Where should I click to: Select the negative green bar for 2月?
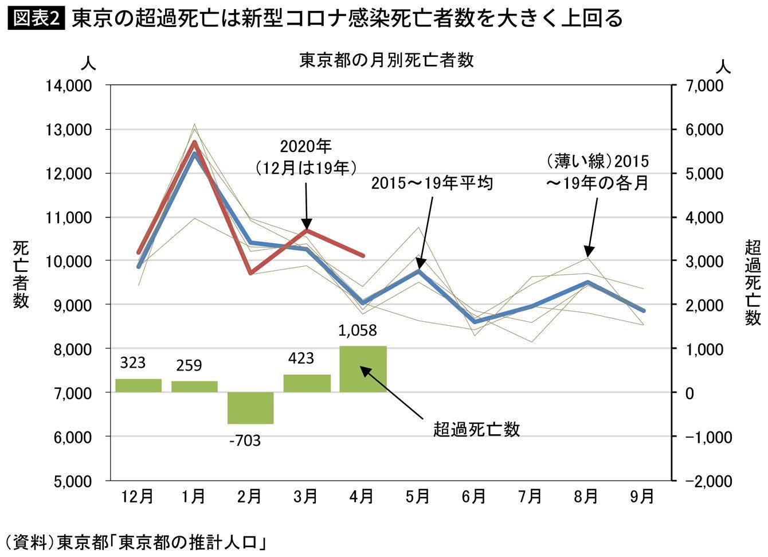[250, 408]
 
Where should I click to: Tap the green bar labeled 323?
[138, 385]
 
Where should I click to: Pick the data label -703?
[245, 441]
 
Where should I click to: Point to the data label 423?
[301, 359]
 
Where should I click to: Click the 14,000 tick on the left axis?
[69, 86]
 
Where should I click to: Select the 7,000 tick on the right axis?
[704, 86]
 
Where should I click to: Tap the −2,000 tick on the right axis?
[708, 481]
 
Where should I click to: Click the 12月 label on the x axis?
[138, 496]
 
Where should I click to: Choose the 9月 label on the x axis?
[642, 496]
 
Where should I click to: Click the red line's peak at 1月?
[195, 142]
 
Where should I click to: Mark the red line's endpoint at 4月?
[363, 255]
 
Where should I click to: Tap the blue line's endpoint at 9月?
[643, 311]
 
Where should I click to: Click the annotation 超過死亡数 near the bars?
[476, 429]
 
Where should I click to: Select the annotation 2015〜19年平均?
[432, 184]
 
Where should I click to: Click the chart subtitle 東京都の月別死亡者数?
[386, 60]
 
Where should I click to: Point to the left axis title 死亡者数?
[21, 274]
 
